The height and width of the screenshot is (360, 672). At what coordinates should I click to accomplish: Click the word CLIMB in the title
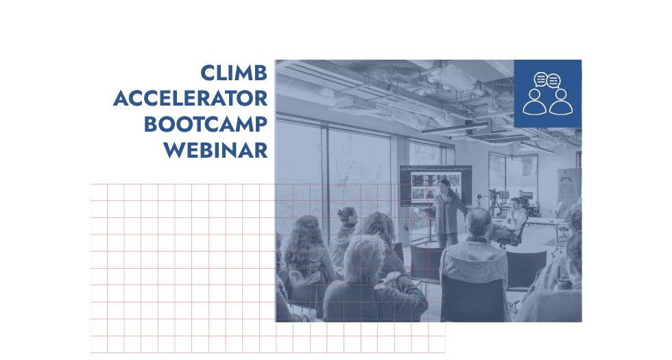(234, 73)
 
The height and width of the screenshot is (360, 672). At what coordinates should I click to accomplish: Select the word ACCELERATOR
(191, 99)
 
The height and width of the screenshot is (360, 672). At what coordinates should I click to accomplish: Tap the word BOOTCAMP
(206, 124)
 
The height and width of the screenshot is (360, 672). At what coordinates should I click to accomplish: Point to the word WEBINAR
(215, 150)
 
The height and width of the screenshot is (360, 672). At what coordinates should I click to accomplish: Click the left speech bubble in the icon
(541, 80)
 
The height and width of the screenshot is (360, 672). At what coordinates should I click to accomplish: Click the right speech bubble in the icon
(553, 81)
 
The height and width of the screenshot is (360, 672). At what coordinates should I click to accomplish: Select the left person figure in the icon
(535, 102)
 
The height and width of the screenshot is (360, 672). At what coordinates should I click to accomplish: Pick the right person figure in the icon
(561, 102)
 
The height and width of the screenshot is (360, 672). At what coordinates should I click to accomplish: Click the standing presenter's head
(444, 186)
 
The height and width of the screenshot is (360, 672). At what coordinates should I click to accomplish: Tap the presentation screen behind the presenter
(435, 186)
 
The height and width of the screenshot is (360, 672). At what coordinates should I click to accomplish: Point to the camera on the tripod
(494, 194)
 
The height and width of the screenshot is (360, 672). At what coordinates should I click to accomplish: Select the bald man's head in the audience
(479, 221)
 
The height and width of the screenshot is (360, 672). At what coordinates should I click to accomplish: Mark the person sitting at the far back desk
(523, 200)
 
